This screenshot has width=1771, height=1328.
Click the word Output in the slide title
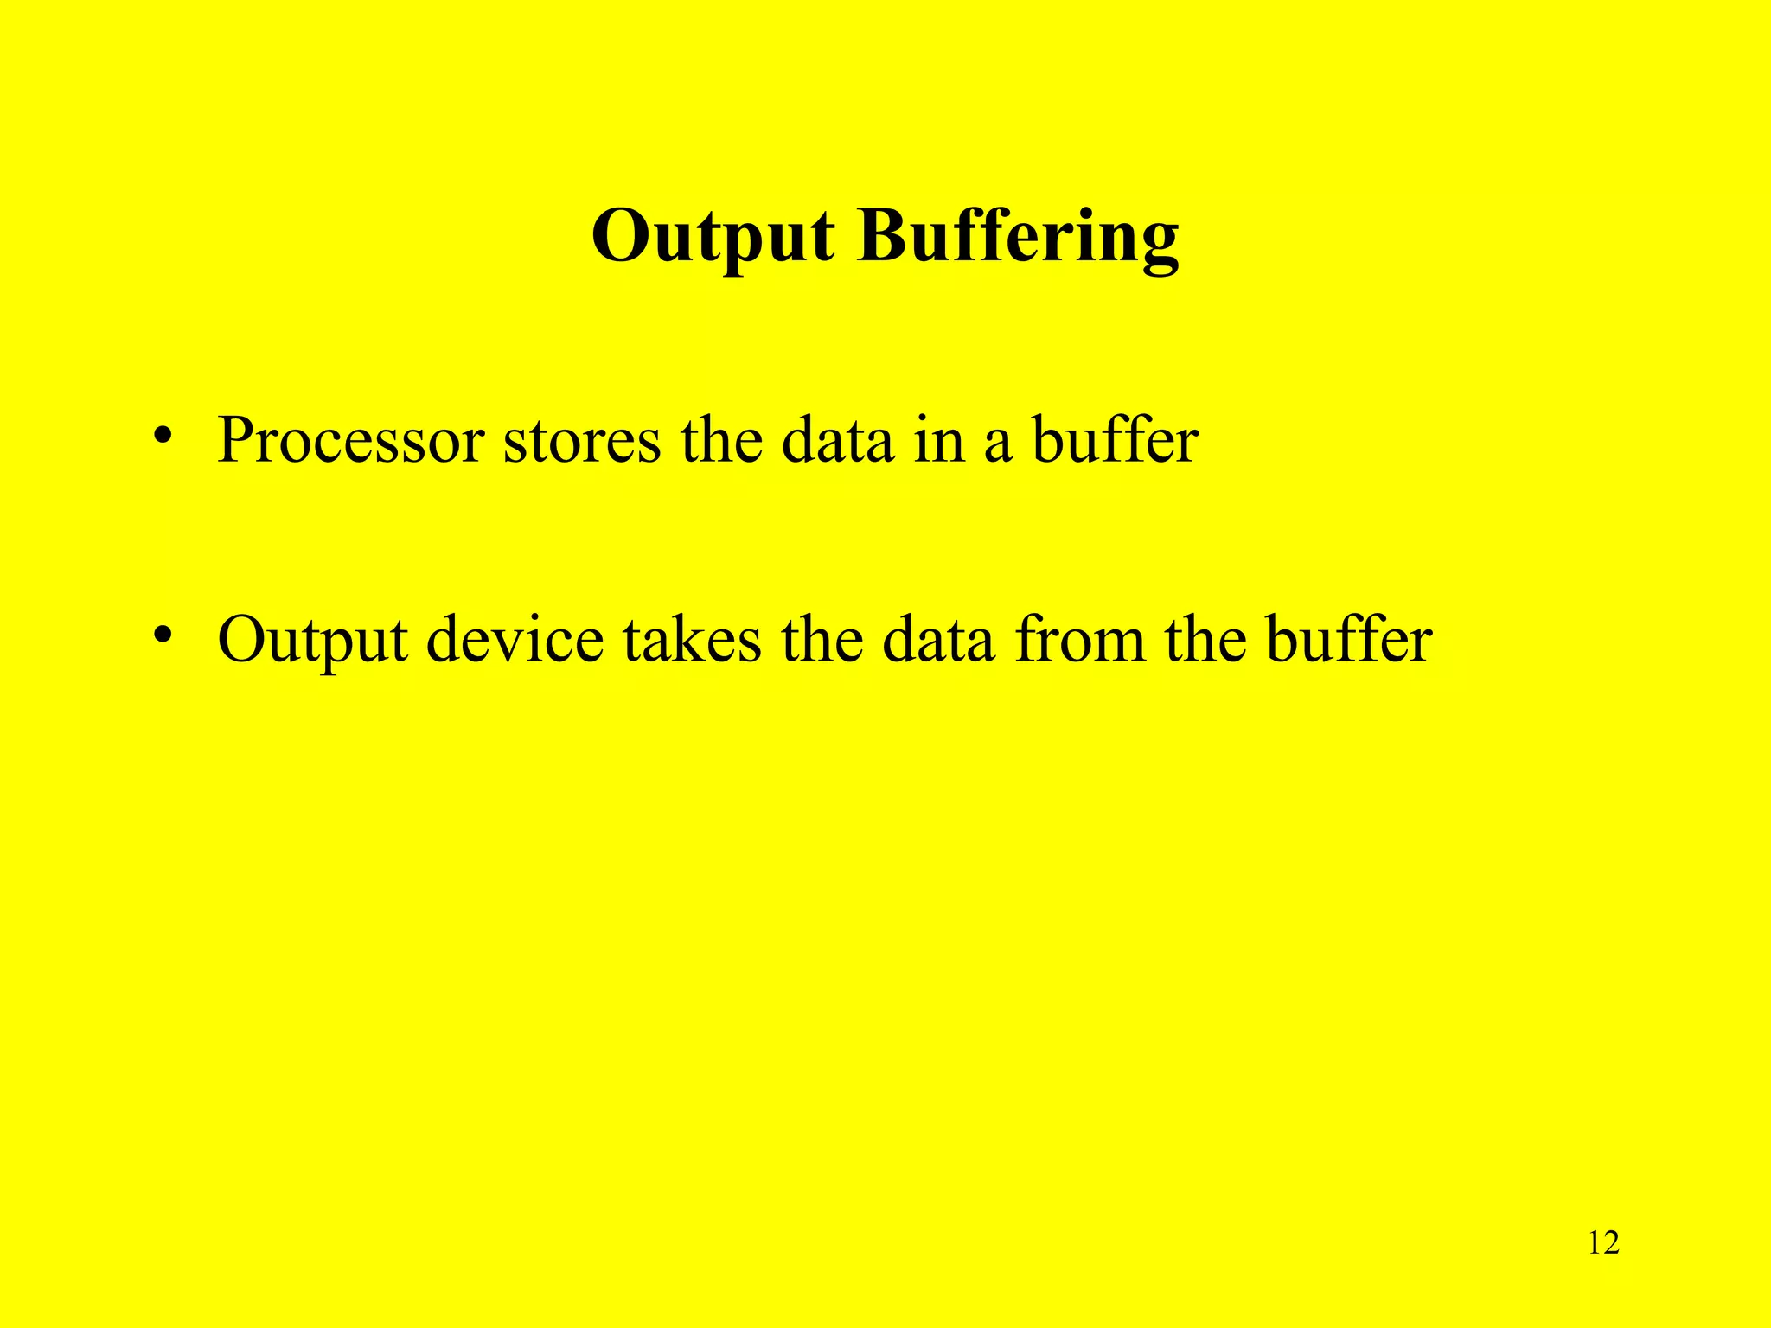(713, 237)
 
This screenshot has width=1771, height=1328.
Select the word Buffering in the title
(1018, 237)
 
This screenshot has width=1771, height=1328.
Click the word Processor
(350, 441)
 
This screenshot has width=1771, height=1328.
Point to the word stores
(581, 441)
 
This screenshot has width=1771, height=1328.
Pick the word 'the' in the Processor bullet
(721, 441)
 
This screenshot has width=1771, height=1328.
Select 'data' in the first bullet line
(837, 441)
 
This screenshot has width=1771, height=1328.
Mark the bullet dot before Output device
(160, 635)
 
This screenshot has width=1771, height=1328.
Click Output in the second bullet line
(312, 642)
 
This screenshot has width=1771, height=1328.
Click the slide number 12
(1603, 1243)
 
